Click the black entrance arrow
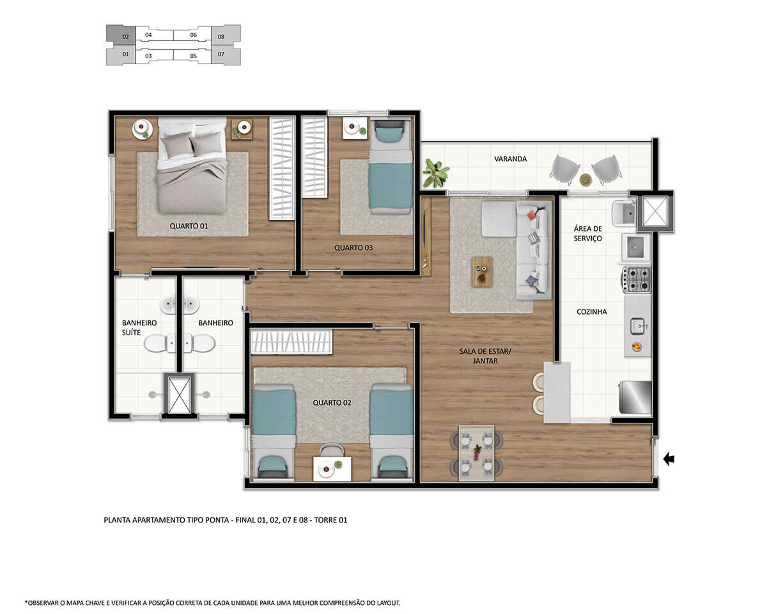pos(669,459)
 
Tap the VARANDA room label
pos(510,159)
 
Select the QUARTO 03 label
pos(353,248)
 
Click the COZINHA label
pos(591,311)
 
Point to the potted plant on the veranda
pos(435,174)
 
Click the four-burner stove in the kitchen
pos(636,279)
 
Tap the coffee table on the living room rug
pos(482,272)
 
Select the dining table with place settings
pos(477,453)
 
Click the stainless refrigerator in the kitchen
pos(635,397)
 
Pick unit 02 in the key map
pos(121,35)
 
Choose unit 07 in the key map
pos(226,55)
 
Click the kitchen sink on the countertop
pos(638,326)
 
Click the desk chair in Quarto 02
pos(332,450)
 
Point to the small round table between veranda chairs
pos(585,180)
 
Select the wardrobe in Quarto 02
pos(291,342)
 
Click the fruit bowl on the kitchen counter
pos(637,347)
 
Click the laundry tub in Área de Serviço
pos(624,214)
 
